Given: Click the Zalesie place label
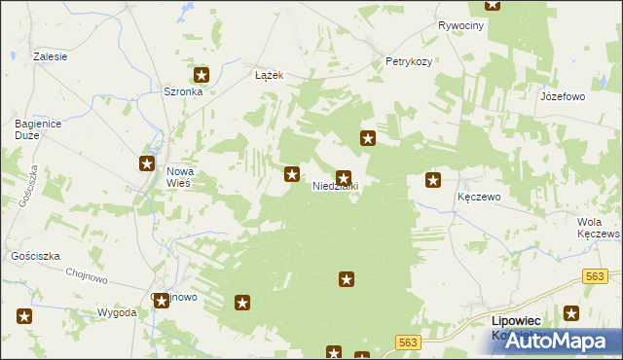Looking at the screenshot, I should click(x=50, y=56).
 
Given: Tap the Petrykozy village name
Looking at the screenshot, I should click(x=409, y=60).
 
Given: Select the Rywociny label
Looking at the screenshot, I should click(x=460, y=25).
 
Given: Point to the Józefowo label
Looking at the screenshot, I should click(x=562, y=97).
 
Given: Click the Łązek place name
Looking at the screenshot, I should click(x=269, y=74).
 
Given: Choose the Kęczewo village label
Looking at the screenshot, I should click(x=478, y=197).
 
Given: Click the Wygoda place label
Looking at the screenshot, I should click(x=116, y=312).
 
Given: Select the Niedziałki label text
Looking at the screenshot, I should click(x=336, y=186).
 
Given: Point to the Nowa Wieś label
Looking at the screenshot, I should click(x=183, y=177).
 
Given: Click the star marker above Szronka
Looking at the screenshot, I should click(x=202, y=74).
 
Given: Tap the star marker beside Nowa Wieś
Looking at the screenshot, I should click(x=148, y=164).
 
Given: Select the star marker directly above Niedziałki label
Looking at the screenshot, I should click(x=343, y=178).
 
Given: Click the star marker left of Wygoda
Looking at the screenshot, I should click(x=24, y=315).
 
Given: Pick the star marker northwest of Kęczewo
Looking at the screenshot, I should click(x=433, y=180).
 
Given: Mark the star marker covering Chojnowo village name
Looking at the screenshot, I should click(x=162, y=301).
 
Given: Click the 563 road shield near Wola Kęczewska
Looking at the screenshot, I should click(x=596, y=276).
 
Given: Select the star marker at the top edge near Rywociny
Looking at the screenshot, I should click(x=493, y=4).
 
